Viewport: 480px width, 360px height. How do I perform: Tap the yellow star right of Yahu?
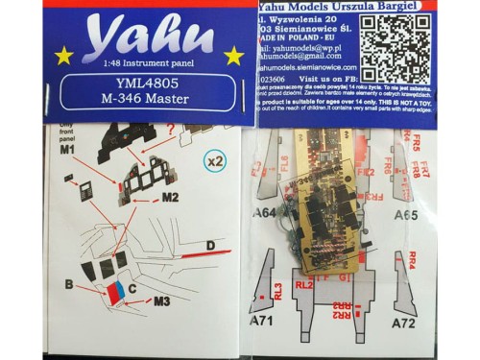(x=228, y=55)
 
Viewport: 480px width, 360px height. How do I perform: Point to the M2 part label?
(x=170, y=197)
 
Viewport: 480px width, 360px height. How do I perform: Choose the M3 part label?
(x=161, y=300)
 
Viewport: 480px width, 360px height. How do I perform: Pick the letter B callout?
(x=69, y=285)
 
